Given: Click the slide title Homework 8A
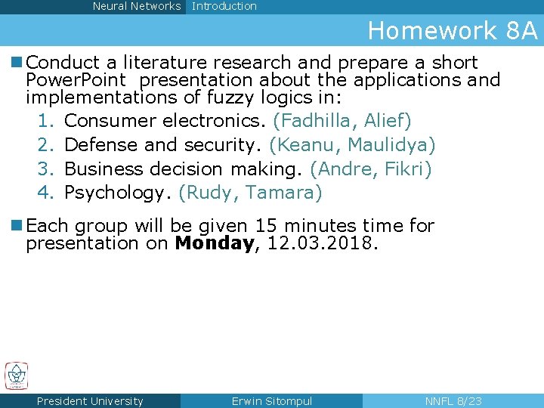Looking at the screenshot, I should pyautogui.click(x=452, y=31).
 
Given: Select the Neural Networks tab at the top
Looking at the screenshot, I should pyautogui.click(x=137, y=6).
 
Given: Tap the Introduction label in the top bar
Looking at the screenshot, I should pyautogui.click(x=224, y=6).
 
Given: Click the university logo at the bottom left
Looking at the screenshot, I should pyautogui.click(x=16, y=376).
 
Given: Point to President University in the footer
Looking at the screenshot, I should pyautogui.click(x=90, y=401).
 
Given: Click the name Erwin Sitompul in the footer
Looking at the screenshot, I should pyautogui.click(x=271, y=401).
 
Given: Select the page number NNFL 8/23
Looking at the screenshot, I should pyautogui.click(x=453, y=401).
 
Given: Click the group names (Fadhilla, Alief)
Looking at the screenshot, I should pyautogui.click(x=342, y=121).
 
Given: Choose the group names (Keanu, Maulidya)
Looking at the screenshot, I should pyautogui.click(x=352, y=145).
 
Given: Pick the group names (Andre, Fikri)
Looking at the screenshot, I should pyautogui.click(x=370, y=169).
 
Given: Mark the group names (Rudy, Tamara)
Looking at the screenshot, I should pyautogui.click(x=250, y=193).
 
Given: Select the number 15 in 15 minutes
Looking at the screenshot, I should pyautogui.click(x=267, y=225).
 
